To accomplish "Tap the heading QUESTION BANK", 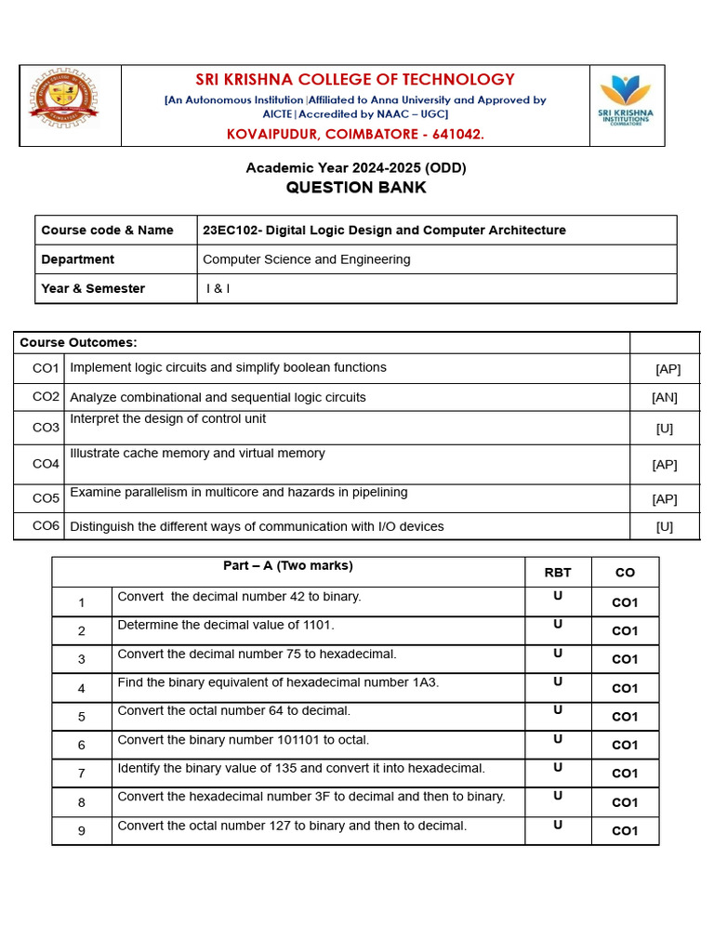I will (x=356, y=188).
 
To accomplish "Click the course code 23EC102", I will (x=231, y=231).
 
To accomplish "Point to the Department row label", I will (x=78, y=259).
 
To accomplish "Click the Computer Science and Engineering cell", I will (x=306, y=259).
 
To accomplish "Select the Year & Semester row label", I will (x=93, y=288).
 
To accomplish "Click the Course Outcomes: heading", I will (x=78, y=342).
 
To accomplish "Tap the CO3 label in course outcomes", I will (x=46, y=428).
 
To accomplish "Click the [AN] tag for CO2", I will (x=665, y=398).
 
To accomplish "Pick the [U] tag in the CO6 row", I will (x=665, y=527).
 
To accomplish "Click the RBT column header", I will (x=558, y=573).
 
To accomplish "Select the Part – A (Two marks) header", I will (x=288, y=565).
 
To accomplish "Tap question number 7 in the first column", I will (x=82, y=773).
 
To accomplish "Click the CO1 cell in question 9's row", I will (x=625, y=831).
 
